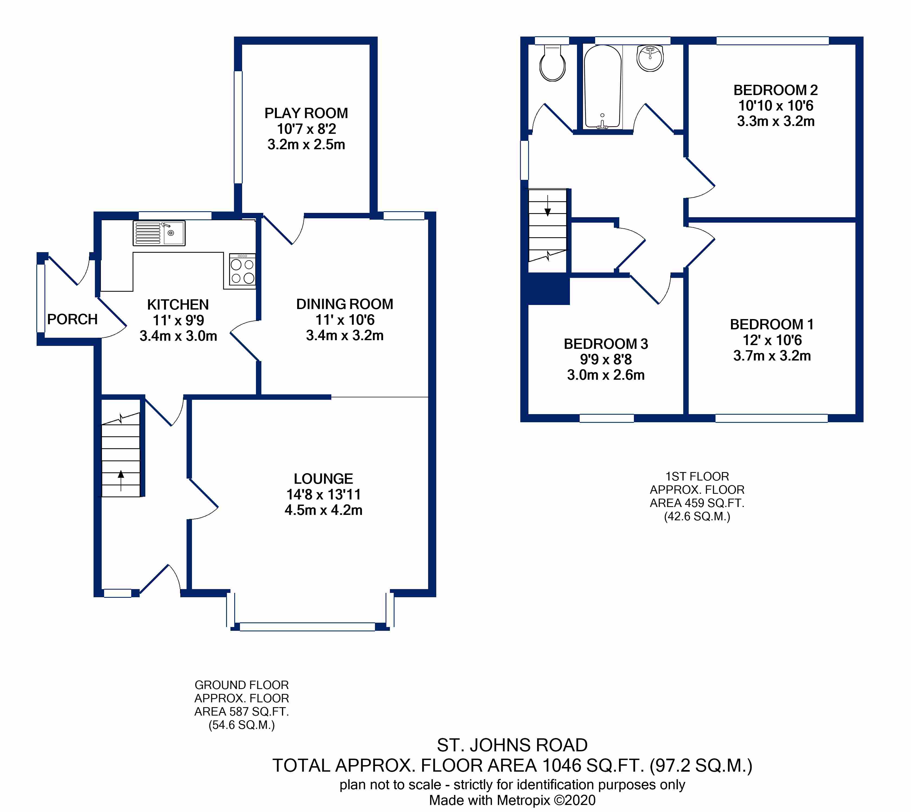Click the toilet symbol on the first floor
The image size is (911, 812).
[552, 65]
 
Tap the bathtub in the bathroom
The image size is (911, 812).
[602, 87]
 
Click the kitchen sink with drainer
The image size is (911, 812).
[159, 233]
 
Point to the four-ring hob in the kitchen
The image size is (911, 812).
[242, 271]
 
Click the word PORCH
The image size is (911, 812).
[72, 319]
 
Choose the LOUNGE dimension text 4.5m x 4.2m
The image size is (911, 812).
[323, 510]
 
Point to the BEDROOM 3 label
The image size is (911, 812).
[605, 344]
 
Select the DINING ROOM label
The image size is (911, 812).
[344, 304]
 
